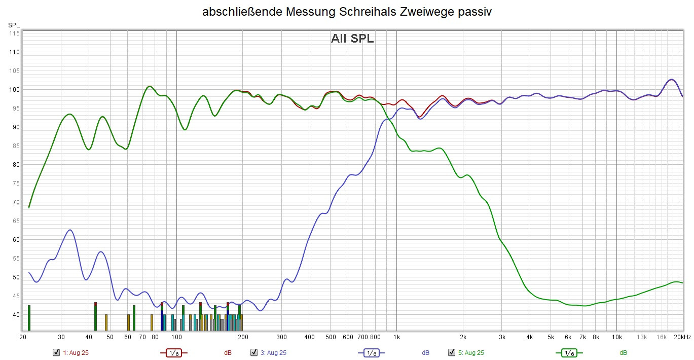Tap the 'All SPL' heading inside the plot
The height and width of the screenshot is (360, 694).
pos(352,39)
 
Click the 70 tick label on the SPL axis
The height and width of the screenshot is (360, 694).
pos(15,202)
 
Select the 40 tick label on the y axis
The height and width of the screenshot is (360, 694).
pos(15,315)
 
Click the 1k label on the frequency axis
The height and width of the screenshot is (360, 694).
pos(396,337)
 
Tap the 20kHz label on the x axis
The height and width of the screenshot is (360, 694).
pos(682,337)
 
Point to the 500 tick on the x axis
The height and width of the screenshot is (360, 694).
pos(330,337)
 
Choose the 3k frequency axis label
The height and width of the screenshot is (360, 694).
pos(502,337)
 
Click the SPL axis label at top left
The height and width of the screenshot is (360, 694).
pos(14,24)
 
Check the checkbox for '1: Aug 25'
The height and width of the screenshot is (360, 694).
pos(56,352)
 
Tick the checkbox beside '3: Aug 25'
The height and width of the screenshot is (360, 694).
pos(254,352)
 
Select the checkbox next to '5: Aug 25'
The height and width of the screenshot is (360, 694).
pos(452,352)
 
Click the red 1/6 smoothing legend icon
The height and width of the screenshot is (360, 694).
pos(174,352)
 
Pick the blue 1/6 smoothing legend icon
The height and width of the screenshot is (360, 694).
pos(372,352)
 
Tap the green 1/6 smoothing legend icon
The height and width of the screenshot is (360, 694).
pos(569,352)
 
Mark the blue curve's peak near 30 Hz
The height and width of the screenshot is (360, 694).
pos(70,230)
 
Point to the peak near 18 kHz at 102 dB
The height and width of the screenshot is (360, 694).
pos(671,80)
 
